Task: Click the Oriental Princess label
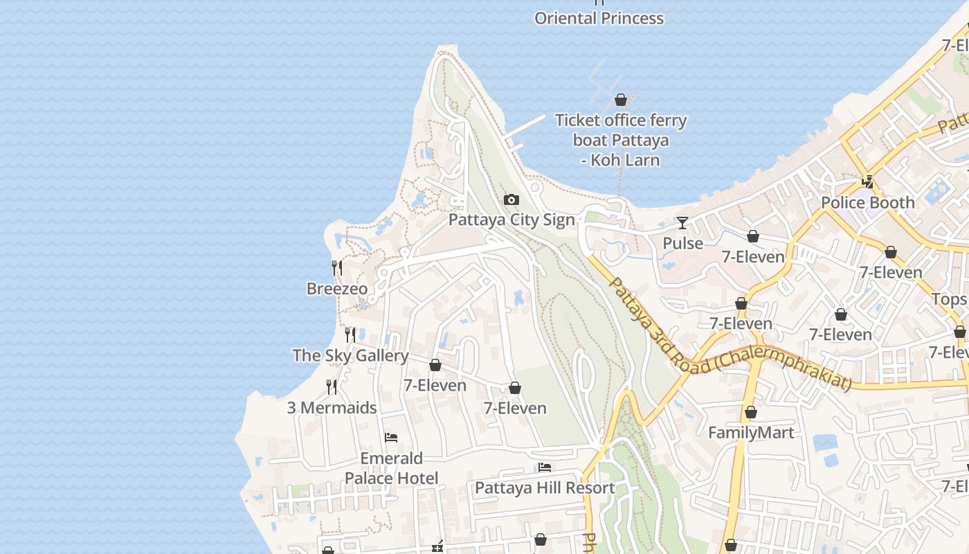pyautogui.click(x=599, y=19)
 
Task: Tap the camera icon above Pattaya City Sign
pyautogui.click(x=511, y=200)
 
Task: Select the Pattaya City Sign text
pyautogui.click(x=511, y=220)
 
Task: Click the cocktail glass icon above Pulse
pyautogui.click(x=682, y=223)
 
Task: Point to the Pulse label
pyautogui.click(x=682, y=243)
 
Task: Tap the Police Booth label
pyautogui.click(x=867, y=203)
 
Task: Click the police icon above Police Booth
pyautogui.click(x=867, y=182)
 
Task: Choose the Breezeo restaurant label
pyautogui.click(x=337, y=289)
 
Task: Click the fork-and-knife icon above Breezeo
pyautogui.click(x=337, y=268)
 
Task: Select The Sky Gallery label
pyautogui.click(x=350, y=356)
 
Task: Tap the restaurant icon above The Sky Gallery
pyautogui.click(x=350, y=335)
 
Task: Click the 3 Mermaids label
pyautogui.click(x=332, y=408)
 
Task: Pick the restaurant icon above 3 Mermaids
pyautogui.click(x=332, y=387)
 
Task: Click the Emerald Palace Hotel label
pyautogui.click(x=391, y=468)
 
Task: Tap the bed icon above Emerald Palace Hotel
pyautogui.click(x=391, y=438)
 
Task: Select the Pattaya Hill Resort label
pyautogui.click(x=545, y=488)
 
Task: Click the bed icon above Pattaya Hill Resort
pyautogui.click(x=545, y=467)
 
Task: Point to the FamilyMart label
pyautogui.click(x=751, y=433)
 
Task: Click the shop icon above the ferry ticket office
pyautogui.click(x=621, y=100)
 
